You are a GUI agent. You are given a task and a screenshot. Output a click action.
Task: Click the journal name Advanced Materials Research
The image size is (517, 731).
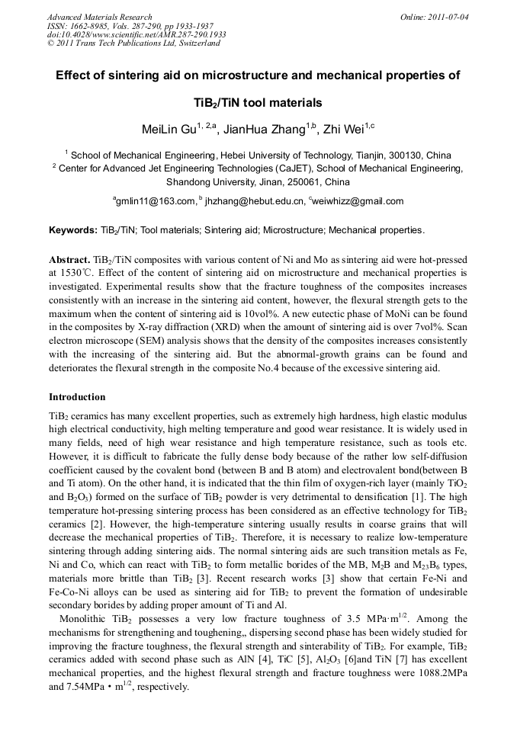(99, 17)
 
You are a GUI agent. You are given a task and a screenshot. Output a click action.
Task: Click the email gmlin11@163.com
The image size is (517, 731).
(156, 201)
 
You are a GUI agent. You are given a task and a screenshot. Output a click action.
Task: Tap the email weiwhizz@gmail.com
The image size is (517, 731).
(358, 201)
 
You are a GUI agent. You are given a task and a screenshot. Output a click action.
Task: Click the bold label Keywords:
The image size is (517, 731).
(73, 230)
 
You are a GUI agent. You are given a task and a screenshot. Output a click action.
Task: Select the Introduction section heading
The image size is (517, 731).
(77, 397)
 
